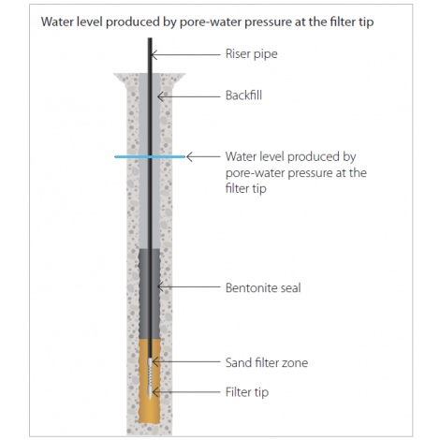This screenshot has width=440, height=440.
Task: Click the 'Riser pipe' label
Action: [x=251, y=54]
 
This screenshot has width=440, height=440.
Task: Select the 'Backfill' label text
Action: [x=243, y=95]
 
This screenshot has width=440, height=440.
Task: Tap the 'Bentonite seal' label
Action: [x=263, y=287]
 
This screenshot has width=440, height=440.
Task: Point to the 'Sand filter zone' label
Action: [x=267, y=362]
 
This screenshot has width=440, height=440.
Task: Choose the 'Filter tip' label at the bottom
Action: [x=247, y=392]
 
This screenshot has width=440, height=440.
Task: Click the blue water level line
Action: [x=150, y=156]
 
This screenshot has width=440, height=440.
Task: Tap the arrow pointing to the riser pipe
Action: [x=185, y=55]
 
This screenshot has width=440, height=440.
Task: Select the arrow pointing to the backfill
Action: [x=189, y=96]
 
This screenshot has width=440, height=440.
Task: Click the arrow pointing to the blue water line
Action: [x=203, y=156]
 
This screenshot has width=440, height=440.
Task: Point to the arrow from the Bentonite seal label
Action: [x=189, y=286]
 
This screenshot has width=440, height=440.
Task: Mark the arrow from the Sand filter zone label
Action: [x=186, y=362]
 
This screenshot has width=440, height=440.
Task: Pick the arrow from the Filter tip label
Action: [x=186, y=391]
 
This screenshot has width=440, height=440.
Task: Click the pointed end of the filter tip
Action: [x=150, y=398]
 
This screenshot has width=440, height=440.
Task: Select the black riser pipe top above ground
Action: [x=150, y=55]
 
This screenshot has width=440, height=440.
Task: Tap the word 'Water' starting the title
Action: [x=57, y=22]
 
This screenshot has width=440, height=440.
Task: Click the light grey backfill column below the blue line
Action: [x=143, y=203]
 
